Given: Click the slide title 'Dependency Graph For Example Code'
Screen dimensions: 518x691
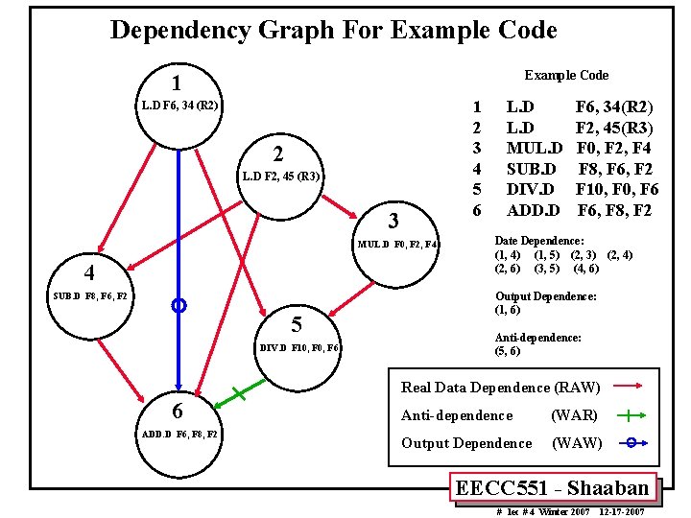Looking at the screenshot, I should [x=333, y=30].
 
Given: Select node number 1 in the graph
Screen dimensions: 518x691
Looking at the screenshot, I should [x=177, y=83].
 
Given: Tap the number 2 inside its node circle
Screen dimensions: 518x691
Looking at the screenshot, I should [x=277, y=154].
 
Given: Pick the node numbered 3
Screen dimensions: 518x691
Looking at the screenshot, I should [x=393, y=220].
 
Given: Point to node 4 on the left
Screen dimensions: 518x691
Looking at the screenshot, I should [x=88, y=271].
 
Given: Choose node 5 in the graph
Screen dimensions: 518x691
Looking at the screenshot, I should [x=297, y=322].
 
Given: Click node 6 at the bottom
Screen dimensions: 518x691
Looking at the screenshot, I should [x=177, y=411].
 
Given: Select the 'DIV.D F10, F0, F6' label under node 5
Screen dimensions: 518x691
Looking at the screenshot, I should [x=298, y=347].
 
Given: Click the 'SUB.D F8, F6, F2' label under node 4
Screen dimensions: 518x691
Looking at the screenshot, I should [x=90, y=295].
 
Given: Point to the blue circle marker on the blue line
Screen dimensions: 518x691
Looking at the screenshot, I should [x=178, y=306].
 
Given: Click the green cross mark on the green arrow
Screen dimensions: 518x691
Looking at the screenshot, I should [x=236, y=393].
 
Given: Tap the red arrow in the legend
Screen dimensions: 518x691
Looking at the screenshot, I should [x=629, y=388].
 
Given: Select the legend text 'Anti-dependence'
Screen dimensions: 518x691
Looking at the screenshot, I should [x=457, y=415].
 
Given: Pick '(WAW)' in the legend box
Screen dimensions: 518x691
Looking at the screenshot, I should [x=576, y=443].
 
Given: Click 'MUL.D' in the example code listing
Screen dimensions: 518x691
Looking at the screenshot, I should [x=534, y=148].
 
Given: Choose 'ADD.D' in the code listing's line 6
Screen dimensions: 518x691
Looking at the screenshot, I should [x=534, y=209].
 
